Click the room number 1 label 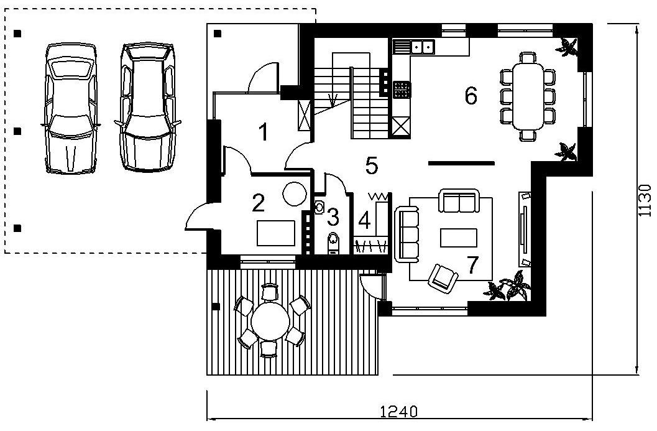click(264, 132)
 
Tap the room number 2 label click(258, 203)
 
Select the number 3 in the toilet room click(333, 217)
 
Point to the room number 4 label click(364, 221)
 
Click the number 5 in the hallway click(372, 165)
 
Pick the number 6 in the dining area click(471, 95)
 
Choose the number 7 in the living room click(472, 264)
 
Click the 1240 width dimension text click(398, 411)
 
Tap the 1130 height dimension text click(646, 200)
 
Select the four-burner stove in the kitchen click(402, 90)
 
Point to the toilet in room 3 click(333, 243)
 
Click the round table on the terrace click(270, 321)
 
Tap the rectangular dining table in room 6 click(528, 96)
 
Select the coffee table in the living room click(458, 238)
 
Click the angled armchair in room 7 click(443, 277)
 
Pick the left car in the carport click(70, 108)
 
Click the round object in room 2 click(295, 193)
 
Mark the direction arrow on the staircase click(334, 100)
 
